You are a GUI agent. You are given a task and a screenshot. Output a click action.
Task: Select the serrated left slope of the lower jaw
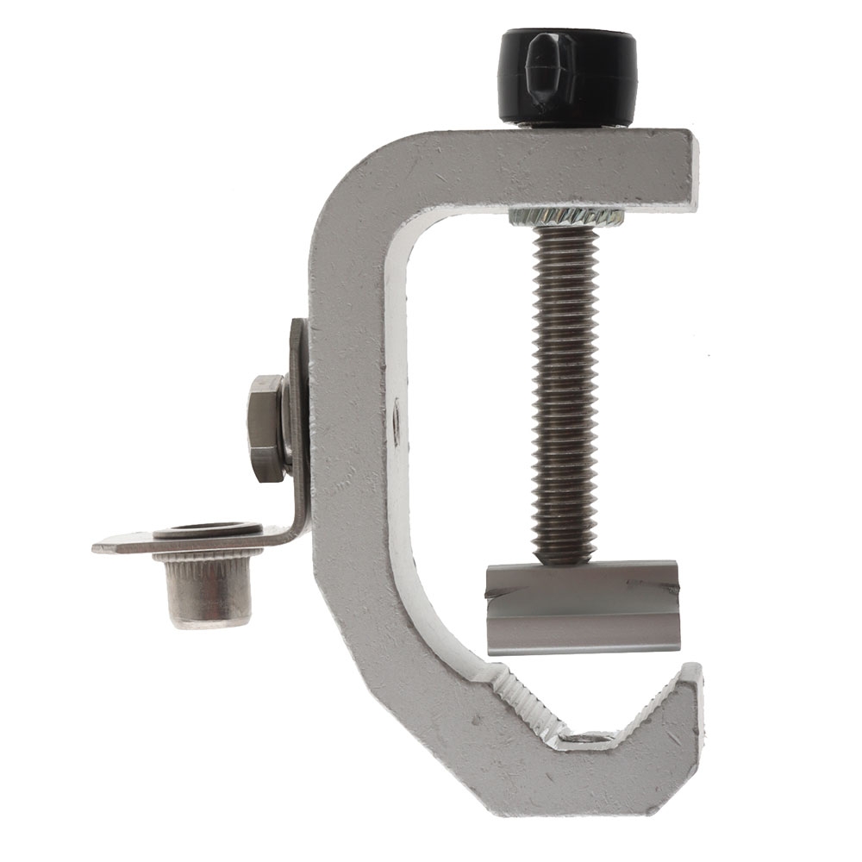(x=526, y=703)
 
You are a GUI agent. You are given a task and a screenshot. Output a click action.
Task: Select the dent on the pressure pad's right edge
(x=671, y=590)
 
